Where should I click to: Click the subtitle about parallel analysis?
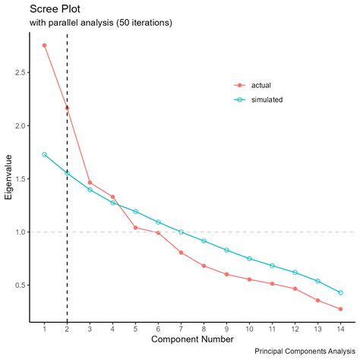click(90, 24)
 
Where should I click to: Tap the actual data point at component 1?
click(44, 46)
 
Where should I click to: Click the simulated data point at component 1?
click(44, 154)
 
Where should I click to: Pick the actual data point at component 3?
click(90, 182)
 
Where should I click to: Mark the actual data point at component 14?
click(340, 309)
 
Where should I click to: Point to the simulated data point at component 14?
click(340, 292)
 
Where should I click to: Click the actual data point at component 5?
click(135, 228)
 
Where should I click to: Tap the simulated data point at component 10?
click(249, 259)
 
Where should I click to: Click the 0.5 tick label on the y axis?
click(18, 286)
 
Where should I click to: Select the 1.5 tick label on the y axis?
click(18, 179)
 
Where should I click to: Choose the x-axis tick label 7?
click(181, 327)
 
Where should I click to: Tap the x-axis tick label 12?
click(295, 327)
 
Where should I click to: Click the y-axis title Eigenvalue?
click(8, 179)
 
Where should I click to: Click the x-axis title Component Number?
click(192, 338)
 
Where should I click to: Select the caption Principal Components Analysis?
click(304, 352)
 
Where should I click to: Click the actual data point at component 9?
click(226, 274)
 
